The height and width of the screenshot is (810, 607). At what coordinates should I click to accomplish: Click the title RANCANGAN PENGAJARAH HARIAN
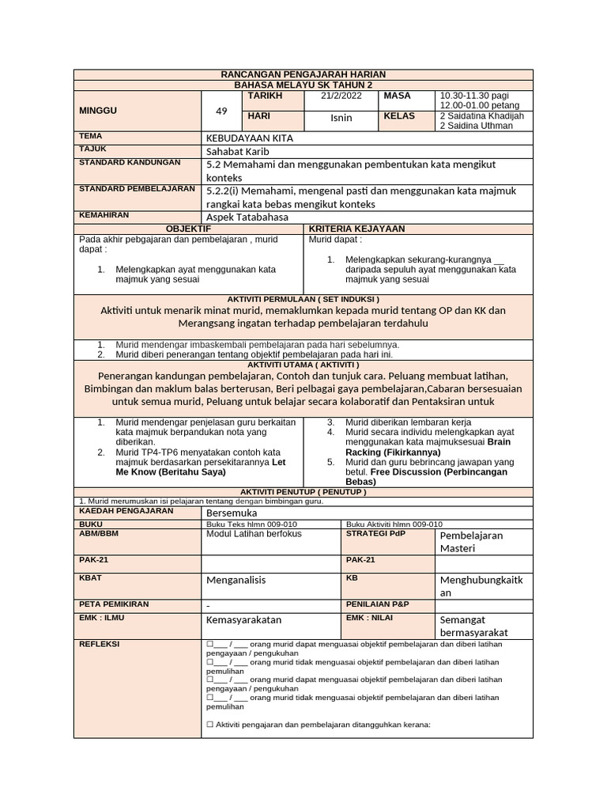303,74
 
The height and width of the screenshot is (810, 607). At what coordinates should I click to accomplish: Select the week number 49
221,112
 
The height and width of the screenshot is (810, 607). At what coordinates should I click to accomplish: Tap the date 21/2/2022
341,96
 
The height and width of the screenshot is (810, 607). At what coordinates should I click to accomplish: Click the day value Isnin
341,118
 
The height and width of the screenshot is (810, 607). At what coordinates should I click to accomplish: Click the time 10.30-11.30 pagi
475,95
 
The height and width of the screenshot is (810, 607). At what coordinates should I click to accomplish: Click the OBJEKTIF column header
188,229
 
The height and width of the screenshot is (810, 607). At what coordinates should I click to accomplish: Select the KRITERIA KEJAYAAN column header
356,229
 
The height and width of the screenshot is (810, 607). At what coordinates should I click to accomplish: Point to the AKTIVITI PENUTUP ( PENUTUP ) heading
303,492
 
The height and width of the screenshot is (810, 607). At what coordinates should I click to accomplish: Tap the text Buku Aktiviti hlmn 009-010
394,524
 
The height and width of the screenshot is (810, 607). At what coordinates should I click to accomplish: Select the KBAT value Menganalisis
236,580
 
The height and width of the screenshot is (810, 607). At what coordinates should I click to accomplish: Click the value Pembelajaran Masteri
470,542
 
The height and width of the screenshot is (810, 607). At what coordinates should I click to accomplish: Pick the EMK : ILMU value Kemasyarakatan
243,620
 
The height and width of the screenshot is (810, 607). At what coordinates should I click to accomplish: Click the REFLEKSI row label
99,644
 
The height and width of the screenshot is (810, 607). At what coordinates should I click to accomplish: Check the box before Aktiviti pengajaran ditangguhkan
209,725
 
